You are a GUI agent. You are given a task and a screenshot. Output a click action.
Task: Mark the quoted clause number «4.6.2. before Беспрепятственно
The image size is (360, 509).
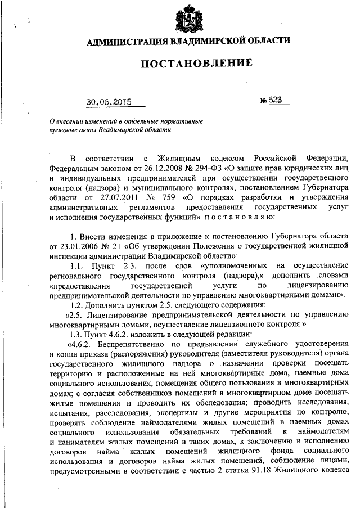[x=80, y=344]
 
